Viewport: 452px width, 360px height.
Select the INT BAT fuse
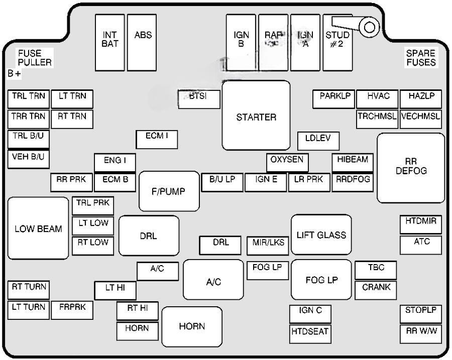point(110,42)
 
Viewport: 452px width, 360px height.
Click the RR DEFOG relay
point(411,168)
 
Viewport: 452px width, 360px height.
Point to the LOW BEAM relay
point(38,228)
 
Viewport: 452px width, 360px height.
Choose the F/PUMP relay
point(168,191)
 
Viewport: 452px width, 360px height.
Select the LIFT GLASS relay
point(321,234)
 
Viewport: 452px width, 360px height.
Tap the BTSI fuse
point(199,99)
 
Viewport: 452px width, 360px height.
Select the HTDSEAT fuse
point(310,332)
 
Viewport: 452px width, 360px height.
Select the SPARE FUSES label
point(421,58)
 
